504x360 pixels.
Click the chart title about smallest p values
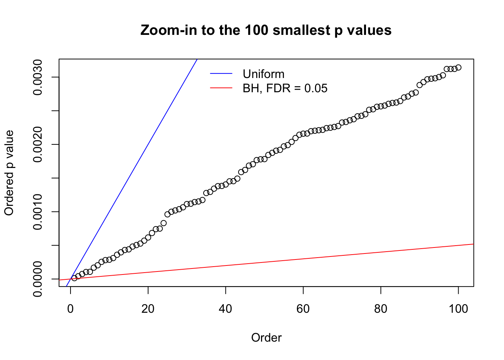(266, 30)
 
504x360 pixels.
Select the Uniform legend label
(263, 74)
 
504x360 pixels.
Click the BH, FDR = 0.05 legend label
(285, 88)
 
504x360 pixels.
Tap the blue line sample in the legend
(221, 74)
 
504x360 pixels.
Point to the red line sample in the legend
(221, 88)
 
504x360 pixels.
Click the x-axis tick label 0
(70, 309)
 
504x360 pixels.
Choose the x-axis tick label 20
(148, 309)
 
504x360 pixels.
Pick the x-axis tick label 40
(226, 309)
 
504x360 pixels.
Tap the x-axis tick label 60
(303, 309)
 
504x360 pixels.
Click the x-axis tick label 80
(381, 309)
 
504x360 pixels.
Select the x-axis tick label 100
(458, 309)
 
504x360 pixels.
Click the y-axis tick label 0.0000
(37, 279)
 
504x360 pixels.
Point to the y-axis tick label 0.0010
(37, 212)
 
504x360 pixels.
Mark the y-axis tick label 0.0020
(37, 145)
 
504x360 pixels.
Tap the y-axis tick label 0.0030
(37, 77)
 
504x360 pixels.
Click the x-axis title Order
(266, 338)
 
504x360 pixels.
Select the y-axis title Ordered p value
(9, 173)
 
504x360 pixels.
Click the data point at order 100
(458, 67)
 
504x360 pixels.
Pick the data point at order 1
(74, 278)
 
